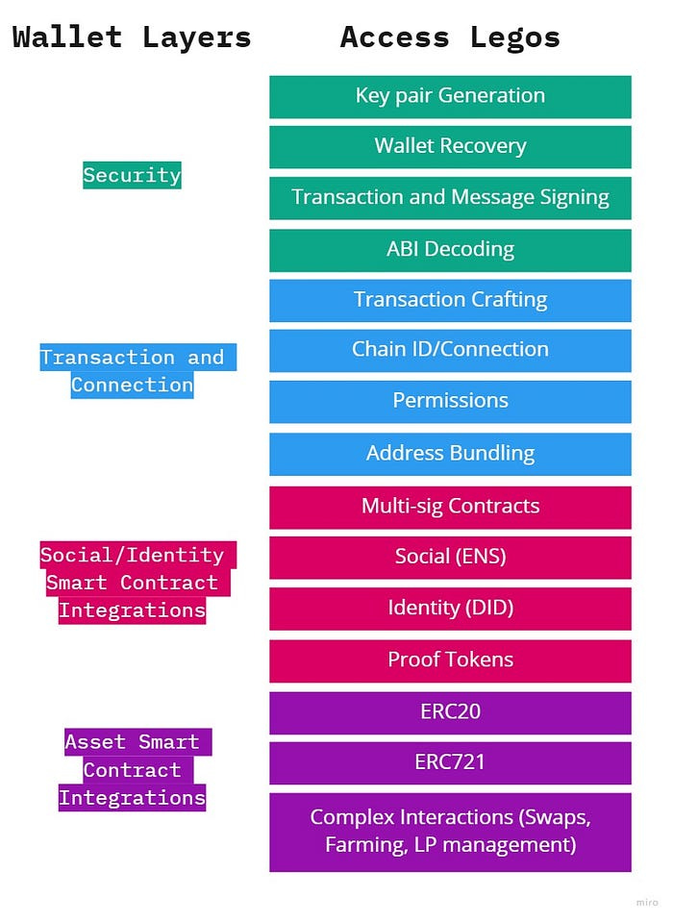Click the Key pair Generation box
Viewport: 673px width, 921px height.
[450, 96]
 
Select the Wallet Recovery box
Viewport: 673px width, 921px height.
[450, 147]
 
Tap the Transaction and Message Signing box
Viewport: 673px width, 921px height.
[450, 198]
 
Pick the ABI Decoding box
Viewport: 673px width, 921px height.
[450, 250]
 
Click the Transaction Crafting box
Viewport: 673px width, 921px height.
[450, 300]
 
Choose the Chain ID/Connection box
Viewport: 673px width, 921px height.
[450, 350]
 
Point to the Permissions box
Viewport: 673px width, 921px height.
[450, 401]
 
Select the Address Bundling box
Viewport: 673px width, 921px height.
[450, 454]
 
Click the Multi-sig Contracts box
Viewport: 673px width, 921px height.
[450, 507]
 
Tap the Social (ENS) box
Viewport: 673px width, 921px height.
[450, 558]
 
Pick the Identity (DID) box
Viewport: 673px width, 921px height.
[450, 609]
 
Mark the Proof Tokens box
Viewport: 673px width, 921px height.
[450, 660]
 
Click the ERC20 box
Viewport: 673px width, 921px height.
[450, 712]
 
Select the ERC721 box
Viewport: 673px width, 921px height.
[450, 763]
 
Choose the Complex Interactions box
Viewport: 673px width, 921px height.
[450, 832]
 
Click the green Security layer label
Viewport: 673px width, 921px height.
[132, 175]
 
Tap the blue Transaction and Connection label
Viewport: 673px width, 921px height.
[132, 371]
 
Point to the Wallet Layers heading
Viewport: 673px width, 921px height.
[132, 37]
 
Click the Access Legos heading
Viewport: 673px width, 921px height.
[450, 37]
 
